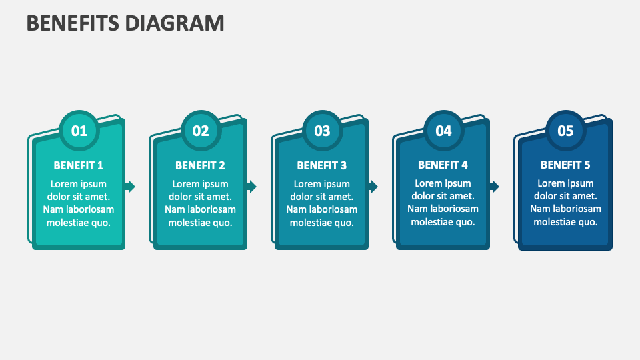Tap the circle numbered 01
[79, 131]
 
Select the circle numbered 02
[201, 131]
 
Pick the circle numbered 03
[322, 131]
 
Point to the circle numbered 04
[443, 131]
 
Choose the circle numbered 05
[565, 131]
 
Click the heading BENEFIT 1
[79, 165]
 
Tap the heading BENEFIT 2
[200, 165]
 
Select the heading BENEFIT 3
[322, 165]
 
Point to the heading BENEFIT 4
[443, 165]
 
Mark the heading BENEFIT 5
[565, 165]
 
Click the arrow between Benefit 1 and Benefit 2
[131, 187]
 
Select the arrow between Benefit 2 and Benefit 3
[252, 187]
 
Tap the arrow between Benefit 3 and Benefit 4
[373, 187]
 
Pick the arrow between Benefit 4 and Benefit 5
[495, 187]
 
